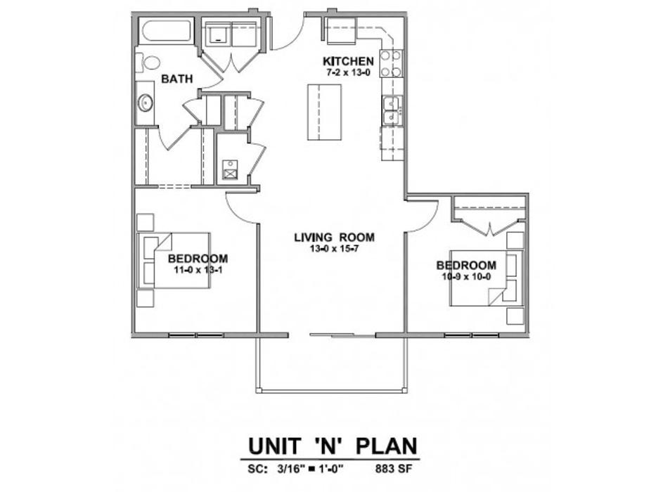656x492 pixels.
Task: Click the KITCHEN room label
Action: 348,61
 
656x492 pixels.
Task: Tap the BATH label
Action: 177,79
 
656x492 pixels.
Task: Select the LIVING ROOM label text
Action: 334,238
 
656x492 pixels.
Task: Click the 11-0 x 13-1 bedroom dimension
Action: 198,270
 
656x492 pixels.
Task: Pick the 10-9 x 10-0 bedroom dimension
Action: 466,276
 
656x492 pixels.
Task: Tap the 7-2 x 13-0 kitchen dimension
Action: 348,72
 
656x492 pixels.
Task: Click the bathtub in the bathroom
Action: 166,31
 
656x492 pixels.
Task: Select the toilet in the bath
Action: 148,63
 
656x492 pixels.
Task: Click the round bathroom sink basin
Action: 145,103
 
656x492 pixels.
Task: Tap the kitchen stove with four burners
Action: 391,63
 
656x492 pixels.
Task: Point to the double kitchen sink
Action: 392,110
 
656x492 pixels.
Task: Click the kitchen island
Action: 324,112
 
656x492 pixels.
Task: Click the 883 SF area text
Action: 394,469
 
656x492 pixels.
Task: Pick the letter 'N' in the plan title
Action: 330,446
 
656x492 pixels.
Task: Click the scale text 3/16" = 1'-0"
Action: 310,469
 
